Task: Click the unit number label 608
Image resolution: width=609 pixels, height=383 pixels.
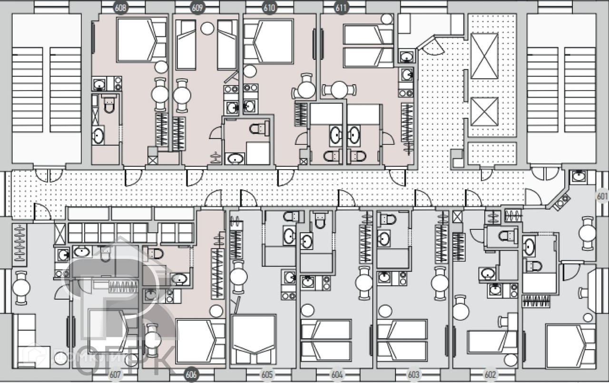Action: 122,8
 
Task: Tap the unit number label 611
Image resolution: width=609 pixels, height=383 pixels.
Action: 342,8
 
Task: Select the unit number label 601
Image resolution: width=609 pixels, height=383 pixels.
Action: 602,196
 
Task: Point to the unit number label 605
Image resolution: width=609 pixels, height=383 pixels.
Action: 267,374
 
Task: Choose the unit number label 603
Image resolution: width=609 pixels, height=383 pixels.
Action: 414,374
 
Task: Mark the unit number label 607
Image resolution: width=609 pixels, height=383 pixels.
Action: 116,374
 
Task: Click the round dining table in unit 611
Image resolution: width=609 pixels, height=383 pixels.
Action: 339,90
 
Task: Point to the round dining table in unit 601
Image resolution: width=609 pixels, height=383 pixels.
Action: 588,233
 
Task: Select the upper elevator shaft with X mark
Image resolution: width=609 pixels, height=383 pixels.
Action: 484,56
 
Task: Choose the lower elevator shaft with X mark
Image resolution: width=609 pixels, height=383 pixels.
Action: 484,112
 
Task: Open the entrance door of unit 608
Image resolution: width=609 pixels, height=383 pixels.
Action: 132,177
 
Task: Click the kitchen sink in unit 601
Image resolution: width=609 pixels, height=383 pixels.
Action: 578,177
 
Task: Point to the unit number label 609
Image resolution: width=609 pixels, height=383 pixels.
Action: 197,8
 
